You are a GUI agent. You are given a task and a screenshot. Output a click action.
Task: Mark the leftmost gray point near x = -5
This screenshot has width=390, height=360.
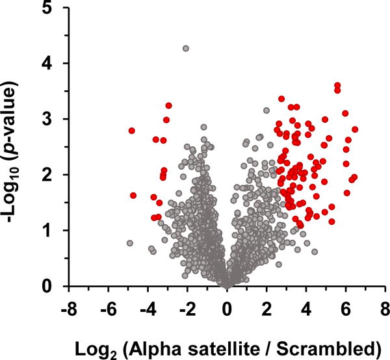pyautogui.click(x=129, y=243)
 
